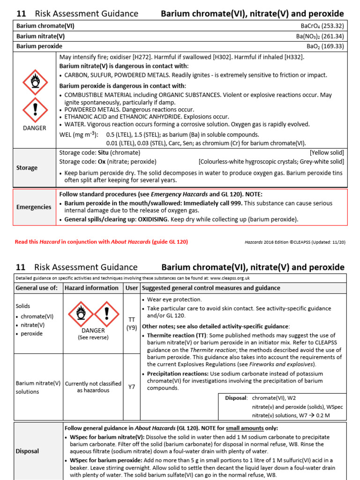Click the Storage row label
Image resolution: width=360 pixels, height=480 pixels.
(x=27, y=168)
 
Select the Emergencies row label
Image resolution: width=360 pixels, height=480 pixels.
(x=34, y=207)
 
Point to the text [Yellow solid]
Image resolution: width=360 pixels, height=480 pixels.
(x=327, y=153)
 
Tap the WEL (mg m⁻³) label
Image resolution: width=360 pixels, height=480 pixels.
(x=79, y=135)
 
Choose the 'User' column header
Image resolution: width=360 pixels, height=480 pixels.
(x=131, y=288)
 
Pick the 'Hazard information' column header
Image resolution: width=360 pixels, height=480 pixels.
(x=91, y=288)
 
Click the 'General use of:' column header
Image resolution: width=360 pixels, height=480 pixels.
(x=37, y=288)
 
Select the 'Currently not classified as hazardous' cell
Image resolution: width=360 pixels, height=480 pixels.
(x=93, y=387)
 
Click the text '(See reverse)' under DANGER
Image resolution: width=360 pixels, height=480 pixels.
(x=93, y=337)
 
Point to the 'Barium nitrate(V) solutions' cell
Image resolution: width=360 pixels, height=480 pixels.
(x=37, y=387)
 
